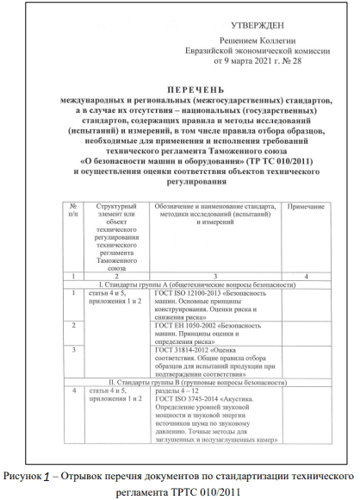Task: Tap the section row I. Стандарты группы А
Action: pos(189,284)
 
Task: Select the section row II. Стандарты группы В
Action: pos(189,380)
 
